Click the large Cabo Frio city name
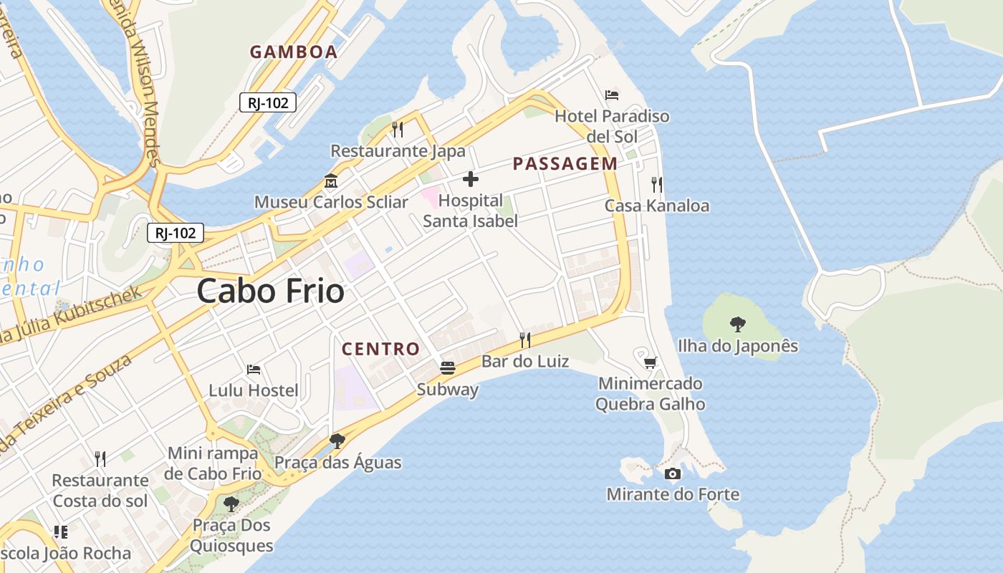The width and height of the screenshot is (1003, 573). (x=270, y=292)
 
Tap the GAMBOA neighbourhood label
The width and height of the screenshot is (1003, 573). (x=294, y=52)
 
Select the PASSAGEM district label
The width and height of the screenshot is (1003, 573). (x=565, y=163)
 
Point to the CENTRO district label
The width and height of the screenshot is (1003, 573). (x=380, y=349)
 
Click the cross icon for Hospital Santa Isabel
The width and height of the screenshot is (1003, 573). (x=471, y=179)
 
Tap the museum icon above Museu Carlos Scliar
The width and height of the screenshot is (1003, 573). (x=331, y=180)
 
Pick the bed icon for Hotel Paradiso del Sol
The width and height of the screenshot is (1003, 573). (x=612, y=95)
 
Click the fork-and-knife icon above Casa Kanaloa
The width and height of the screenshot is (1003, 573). (x=657, y=185)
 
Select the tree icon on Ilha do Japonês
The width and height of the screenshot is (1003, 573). (x=738, y=324)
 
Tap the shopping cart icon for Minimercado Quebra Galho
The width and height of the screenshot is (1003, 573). (x=650, y=362)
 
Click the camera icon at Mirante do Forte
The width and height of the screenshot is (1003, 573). (x=673, y=473)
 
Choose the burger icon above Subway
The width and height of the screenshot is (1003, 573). (x=448, y=368)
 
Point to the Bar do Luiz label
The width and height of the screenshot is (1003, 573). (x=525, y=361)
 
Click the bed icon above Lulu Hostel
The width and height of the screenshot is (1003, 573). (x=254, y=370)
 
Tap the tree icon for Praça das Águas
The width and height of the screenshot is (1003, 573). (x=337, y=440)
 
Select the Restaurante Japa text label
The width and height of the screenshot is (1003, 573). (x=398, y=151)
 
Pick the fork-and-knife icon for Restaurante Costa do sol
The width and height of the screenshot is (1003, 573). (x=100, y=458)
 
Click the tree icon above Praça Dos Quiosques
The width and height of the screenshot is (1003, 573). (x=231, y=504)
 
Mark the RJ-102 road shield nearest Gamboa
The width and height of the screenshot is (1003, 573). (x=268, y=102)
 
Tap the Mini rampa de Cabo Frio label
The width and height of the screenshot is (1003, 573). (x=213, y=463)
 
